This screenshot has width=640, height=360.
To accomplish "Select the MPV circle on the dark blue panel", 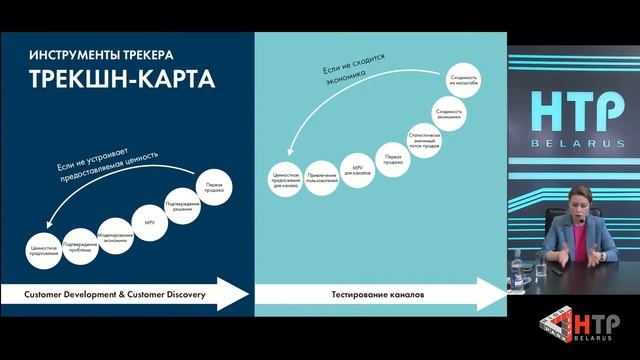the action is click(x=150, y=222).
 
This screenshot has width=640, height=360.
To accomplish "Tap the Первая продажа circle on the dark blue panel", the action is click(x=213, y=187).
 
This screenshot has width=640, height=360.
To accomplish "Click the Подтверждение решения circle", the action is click(x=184, y=205).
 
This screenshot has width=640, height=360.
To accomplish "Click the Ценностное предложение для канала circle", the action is click(x=286, y=177).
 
